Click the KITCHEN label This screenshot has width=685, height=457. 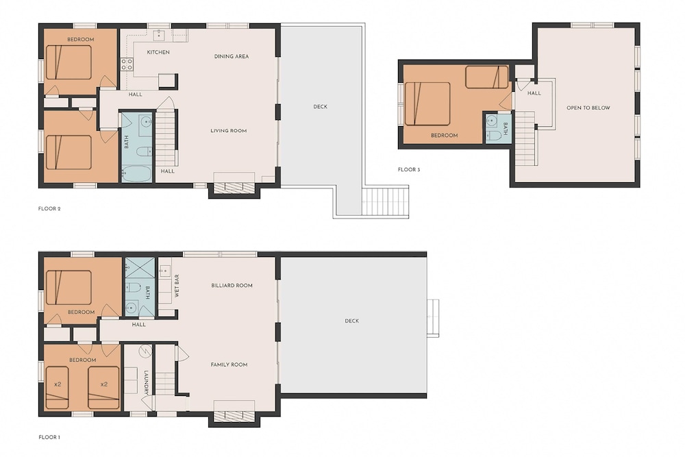tap(158, 52)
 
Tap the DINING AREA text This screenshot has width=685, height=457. tap(232, 56)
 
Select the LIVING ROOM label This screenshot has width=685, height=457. tap(229, 131)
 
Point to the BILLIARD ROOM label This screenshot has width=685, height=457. tap(232, 285)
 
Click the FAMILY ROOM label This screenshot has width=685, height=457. tap(229, 365)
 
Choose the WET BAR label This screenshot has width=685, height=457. tap(177, 286)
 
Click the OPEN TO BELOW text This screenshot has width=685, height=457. tap(588, 108)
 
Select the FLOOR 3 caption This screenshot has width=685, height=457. tap(409, 169)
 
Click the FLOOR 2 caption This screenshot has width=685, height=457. tap(49, 209)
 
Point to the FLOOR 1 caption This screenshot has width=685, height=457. tap(49, 437)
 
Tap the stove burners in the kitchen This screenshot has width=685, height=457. tap(127, 64)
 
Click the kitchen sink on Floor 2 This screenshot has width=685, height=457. tap(159, 34)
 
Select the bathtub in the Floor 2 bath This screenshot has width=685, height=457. tap(136, 174)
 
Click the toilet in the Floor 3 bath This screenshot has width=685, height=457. tap(493, 134)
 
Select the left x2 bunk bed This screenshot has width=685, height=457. tap(57, 387)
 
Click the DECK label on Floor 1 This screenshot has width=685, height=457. tap(351, 321)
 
